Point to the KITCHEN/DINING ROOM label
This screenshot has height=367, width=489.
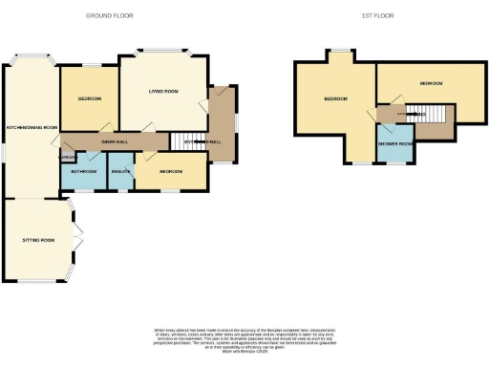[32, 127]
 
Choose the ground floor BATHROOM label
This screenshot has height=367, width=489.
[83, 171]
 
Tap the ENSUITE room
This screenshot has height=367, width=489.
[120, 171]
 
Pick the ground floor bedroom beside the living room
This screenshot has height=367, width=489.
[90, 99]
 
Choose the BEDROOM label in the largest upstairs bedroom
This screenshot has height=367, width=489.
[334, 99]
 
